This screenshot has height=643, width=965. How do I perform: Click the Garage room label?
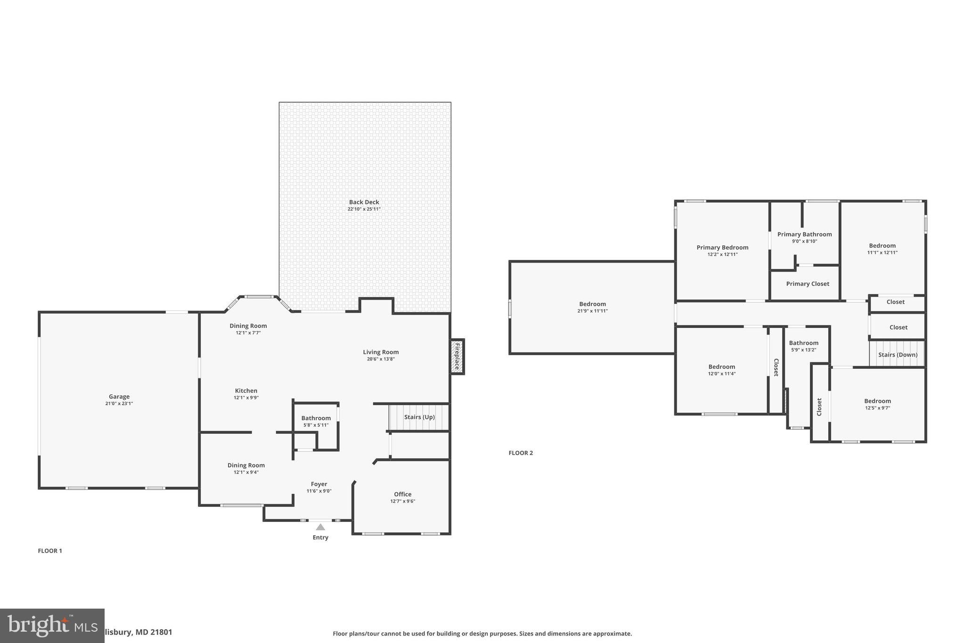[119, 397]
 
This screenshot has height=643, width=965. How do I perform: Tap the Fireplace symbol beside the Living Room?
[457, 356]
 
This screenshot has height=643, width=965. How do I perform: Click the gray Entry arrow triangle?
[320, 527]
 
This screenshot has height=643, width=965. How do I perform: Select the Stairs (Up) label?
[419, 417]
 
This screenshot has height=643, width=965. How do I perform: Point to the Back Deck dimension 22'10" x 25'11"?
[364, 209]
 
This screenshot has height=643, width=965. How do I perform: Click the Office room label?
[402, 494]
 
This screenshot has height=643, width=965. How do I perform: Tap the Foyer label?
[319, 484]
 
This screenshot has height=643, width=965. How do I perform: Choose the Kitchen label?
[246, 391]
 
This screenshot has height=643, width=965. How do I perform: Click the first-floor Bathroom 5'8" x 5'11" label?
[316, 418]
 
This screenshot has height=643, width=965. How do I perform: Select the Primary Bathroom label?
[804, 234]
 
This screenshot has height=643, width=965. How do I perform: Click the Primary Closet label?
[808, 284]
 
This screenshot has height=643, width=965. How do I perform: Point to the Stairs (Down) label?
[898, 355]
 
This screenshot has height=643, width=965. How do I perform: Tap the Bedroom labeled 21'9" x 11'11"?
[592, 304]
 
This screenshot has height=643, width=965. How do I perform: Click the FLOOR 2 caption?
[521, 453]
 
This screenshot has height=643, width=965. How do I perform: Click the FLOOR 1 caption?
[50, 551]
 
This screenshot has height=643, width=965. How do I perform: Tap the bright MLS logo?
[52, 626]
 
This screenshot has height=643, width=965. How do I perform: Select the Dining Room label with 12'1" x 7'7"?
[248, 326]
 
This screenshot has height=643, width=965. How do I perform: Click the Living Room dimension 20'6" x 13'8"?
[381, 359]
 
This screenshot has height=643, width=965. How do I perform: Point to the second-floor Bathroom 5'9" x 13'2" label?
[803, 343]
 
